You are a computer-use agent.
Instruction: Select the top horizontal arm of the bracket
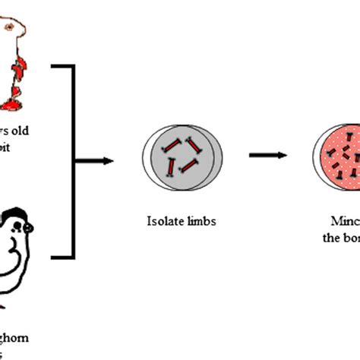[62, 68]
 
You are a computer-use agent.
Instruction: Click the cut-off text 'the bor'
[342, 236]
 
